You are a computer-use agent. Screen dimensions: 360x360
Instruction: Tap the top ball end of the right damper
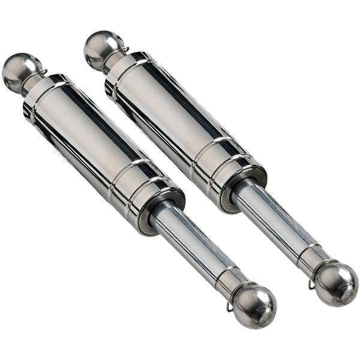[x=98, y=45]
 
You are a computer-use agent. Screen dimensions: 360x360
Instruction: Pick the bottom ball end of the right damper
[x=337, y=284]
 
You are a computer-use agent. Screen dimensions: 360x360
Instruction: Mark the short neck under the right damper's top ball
[x=114, y=61]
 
